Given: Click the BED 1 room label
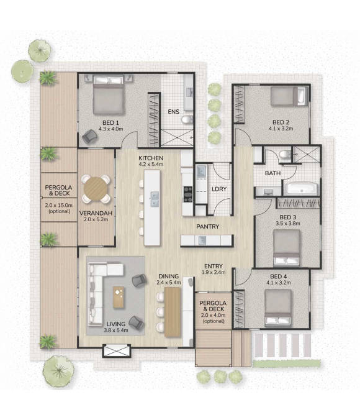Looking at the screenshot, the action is coord(110,122).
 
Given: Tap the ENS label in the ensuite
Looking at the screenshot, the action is coord(173,111).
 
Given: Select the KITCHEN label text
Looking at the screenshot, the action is coord(151,158).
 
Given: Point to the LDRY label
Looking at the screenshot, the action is coord(219,189).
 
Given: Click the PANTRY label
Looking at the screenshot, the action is coord(208,227).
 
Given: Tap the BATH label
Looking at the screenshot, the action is coord(272,173).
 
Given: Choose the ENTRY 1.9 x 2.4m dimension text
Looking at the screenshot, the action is coord(214,272).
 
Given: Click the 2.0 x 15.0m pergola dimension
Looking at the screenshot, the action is coord(58,206).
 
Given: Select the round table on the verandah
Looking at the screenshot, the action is coord(96,189).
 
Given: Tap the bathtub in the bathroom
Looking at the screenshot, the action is coord(302,189).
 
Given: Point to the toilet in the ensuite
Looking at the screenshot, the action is coord(187,119).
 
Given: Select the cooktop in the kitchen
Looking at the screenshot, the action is coord(188,194).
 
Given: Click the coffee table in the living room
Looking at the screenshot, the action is coord(119,297).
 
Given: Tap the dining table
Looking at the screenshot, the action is coord(173,312).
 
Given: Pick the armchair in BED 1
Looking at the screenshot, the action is coord(90,137).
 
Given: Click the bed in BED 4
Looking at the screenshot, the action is coord(278,308).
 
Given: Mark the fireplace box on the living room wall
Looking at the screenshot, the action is coord(117,351).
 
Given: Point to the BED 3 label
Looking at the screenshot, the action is coord(288,217).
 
